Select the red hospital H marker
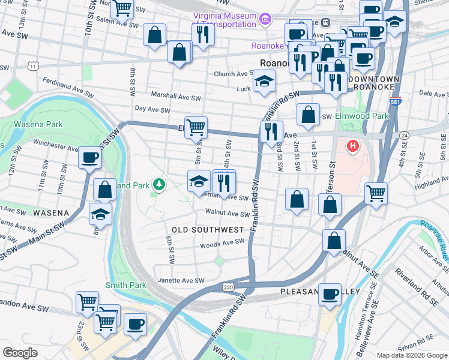(353, 145)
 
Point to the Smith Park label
(122, 284)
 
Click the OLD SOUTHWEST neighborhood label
(208, 230)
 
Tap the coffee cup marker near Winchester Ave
(89, 158)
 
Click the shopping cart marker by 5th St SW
(196, 128)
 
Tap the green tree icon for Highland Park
(159, 184)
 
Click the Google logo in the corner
(20, 352)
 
